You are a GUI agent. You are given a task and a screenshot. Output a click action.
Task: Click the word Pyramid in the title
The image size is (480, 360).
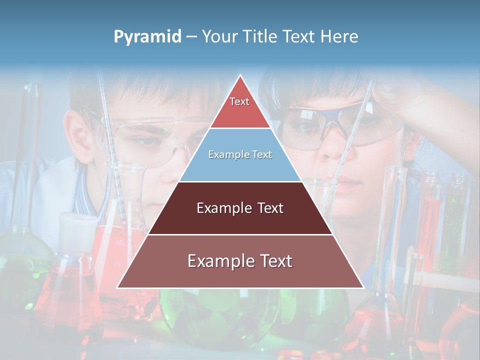pos(147,37)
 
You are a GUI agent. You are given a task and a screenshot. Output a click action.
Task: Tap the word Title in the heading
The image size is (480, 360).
pos(259,36)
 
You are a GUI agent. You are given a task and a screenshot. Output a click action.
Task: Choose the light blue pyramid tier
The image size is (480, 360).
pos(240,160)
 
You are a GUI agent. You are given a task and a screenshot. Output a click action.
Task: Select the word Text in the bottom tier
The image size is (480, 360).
pos(273,261)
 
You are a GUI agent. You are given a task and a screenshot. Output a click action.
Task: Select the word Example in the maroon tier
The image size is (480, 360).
pos(221,208)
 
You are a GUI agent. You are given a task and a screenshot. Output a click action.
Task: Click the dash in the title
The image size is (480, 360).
pos(191,37)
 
